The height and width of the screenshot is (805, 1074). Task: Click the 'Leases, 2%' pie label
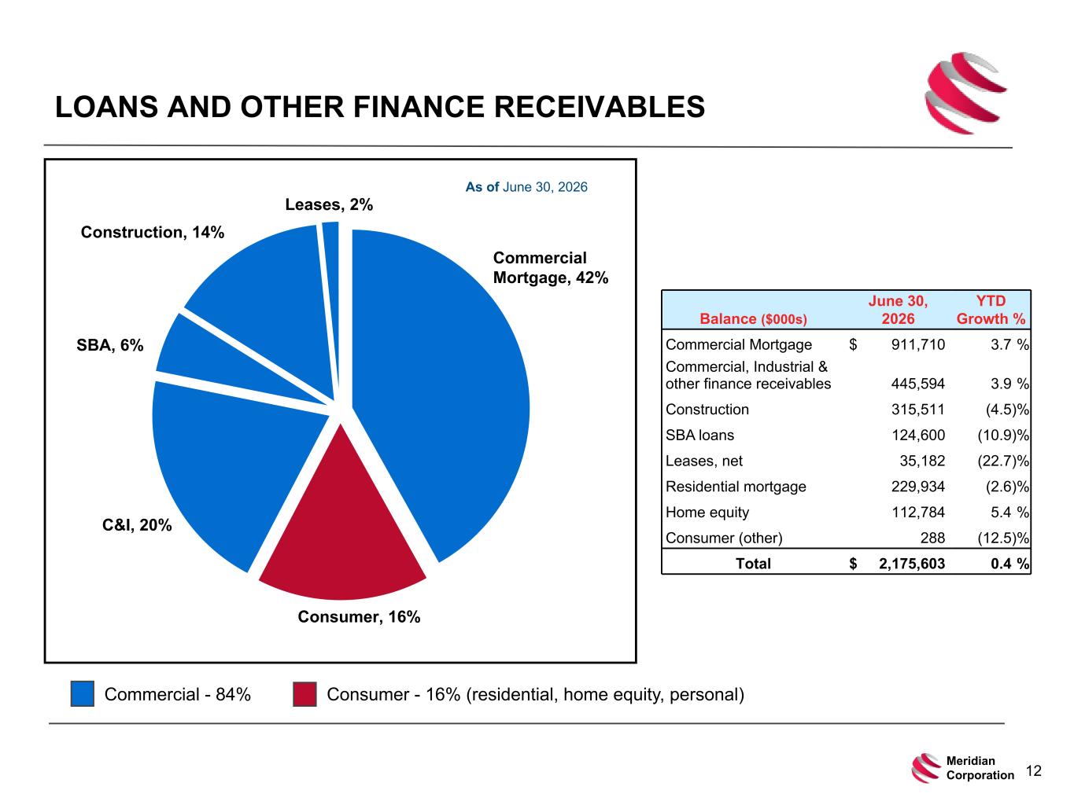(329, 204)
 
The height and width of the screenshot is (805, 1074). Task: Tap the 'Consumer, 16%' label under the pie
(359, 617)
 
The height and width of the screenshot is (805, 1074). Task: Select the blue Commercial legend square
(82, 693)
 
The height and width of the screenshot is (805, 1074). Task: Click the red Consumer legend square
(304, 694)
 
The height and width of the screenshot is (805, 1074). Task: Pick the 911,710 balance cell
(917, 344)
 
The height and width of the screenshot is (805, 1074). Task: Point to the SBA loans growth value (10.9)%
(1003, 435)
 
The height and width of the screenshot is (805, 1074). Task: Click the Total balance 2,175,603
(912, 564)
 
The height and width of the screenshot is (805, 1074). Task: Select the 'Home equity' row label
(707, 513)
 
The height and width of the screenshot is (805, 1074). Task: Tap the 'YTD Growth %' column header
(991, 310)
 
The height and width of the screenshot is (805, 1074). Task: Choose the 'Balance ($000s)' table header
(753, 318)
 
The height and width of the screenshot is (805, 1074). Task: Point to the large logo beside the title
(965, 93)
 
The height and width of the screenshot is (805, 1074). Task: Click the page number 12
(1033, 770)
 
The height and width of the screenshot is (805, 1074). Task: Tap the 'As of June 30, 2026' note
(526, 187)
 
